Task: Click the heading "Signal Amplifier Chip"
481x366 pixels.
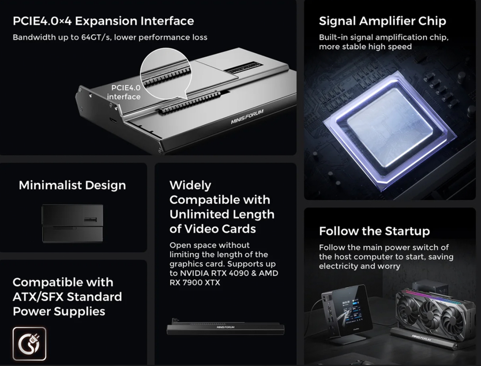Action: tap(382, 21)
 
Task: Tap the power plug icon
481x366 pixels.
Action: tap(29, 344)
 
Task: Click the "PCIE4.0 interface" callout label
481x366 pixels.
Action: tap(124, 92)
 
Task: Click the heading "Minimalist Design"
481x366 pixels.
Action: tap(72, 185)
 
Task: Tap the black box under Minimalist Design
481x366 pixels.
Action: tap(72, 223)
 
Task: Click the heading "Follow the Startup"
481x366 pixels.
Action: tap(374, 231)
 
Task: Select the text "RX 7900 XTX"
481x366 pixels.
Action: tap(195, 283)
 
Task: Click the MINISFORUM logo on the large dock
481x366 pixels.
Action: tap(247, 116)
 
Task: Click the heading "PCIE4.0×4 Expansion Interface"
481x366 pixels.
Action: tap(103, 21)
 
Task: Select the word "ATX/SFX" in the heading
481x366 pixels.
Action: tap(38, 297)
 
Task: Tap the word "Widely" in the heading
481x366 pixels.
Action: tap(190, 185)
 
